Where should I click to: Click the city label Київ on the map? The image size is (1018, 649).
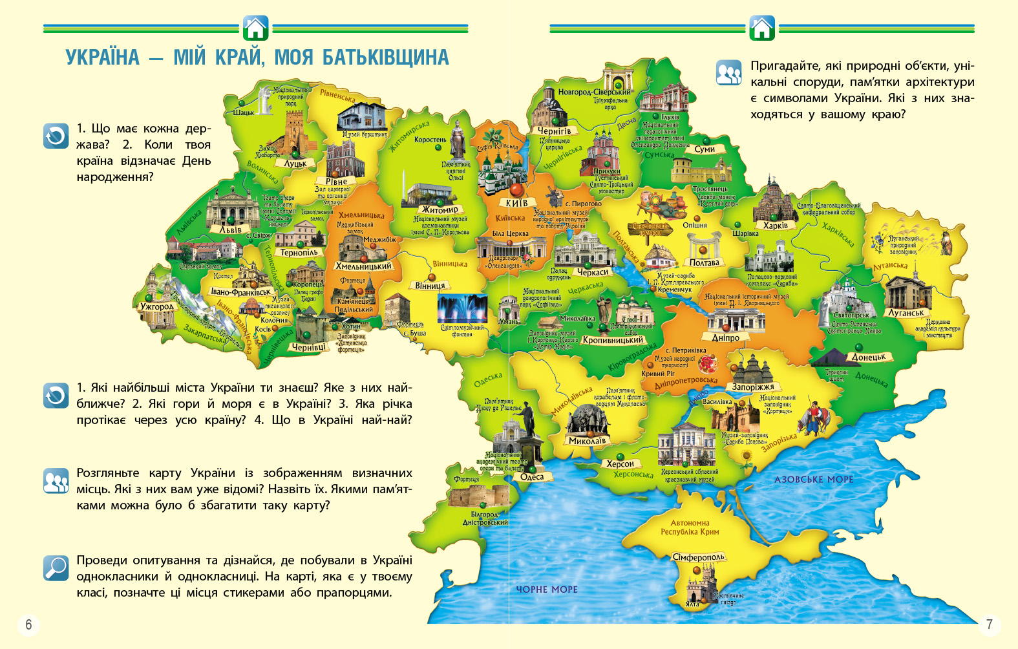[x=516, y=203]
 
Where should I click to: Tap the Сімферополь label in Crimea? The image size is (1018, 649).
[x=699, y=557]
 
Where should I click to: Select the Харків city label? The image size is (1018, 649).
[x=775, y=226]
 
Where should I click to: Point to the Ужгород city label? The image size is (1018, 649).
[x=157, y=306]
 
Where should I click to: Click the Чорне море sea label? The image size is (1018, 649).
[x=547, y=590]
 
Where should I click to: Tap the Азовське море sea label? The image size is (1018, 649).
[x=814, y=480]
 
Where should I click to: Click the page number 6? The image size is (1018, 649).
[x=28, y=624]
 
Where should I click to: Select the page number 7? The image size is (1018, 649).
[x=989, y=624]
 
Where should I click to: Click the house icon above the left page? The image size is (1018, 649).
[x=256, y=28]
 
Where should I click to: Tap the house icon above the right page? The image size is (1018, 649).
[x=762, y=28]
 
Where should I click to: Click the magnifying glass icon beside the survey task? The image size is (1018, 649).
[x=56, y=568]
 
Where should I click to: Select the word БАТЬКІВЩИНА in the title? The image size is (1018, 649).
[x=386, y=58]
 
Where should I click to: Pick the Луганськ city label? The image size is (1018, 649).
[x=906, y=313]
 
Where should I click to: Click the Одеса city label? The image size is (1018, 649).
[x=532, y=477]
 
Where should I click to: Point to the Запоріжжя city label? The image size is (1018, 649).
[x=753, y=387]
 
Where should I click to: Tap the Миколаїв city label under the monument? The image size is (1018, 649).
[x=588, y=441]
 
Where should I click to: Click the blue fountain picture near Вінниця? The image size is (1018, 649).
[x=462, y=309]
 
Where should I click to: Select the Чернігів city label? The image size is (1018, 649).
[x=555, y=131]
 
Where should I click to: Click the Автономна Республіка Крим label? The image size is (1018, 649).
[x=690, y=527]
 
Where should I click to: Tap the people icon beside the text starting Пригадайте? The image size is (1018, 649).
[x=729, y=73]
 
